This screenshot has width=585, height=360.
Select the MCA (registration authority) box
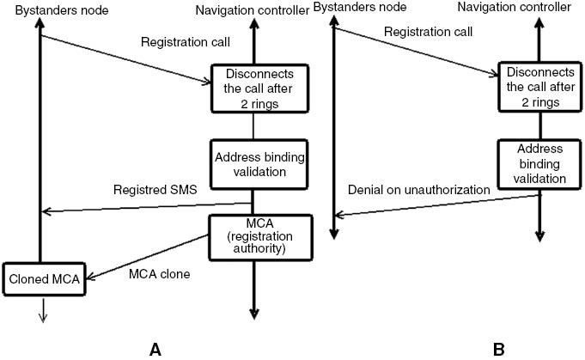click(x=252, y=235)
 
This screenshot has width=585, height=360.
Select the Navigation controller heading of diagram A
click(x=251, y=9)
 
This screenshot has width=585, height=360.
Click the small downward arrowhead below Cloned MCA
click(x=41, y=317)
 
